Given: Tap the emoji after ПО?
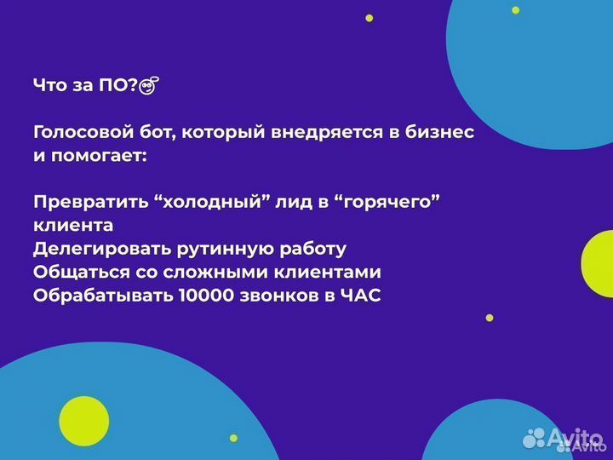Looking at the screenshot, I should [x=151, y=85].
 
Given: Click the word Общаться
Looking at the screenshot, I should [x=72, y=273].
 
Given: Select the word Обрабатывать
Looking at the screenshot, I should [x=102, y=296].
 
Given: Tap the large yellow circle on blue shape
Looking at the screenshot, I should [x=83, y=421].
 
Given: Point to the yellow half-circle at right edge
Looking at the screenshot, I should [x=599, y=264].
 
